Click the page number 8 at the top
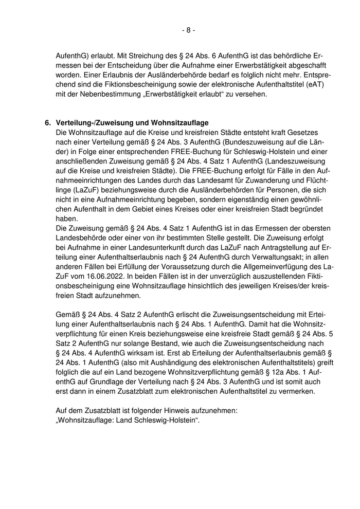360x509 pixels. click(x=188, y=30)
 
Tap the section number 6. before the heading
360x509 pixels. click(x=48, y=123)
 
